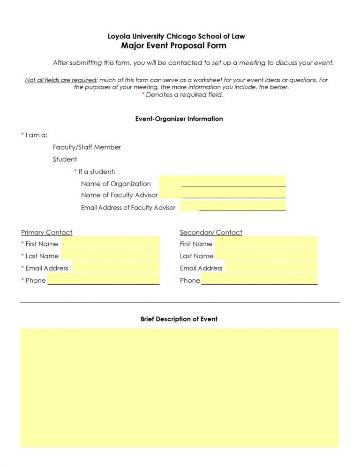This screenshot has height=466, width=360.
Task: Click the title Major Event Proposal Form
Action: pyautogui.click(x=173, y=45)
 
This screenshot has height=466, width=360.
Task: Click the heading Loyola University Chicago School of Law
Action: pyautogui.click(x=176, y=36)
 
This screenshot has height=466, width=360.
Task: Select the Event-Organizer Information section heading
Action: pyautogui.click(x=179, y=119)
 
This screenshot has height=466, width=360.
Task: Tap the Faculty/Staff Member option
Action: pyautogui.click(x=87, y=147)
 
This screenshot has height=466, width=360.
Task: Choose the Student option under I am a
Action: pyautogui.click(x=65, y=159)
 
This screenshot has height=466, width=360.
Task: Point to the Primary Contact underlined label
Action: pyautogui.click(x=46, y=233)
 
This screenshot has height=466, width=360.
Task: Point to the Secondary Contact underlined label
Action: pyautogui.click(x=211, y=233)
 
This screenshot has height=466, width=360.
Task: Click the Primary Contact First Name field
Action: pyautogui.click(x=110, y=243)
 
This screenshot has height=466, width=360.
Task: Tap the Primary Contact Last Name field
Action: pyautogui.click(x=110, y=255)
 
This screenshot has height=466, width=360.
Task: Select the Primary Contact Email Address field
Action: pyautogui.click(x=115, y=267)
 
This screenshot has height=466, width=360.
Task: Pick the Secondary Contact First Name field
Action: pyautogui.click(x=266, y=243)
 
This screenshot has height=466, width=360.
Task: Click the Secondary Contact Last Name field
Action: pyautogui.click(x=266, y=255)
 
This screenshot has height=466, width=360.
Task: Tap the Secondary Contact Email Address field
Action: pyautogui.click(x=271, y=267)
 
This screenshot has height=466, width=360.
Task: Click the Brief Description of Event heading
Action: pyautogui.click(x=179, y=319)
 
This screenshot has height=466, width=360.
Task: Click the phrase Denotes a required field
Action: pyautogui.click(x=184, y=95)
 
